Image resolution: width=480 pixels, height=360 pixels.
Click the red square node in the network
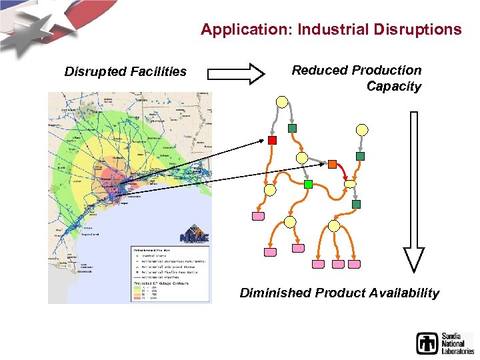(272, 140)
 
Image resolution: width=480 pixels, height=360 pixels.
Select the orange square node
(332, 164)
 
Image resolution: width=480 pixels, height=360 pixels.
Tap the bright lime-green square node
(308, 183)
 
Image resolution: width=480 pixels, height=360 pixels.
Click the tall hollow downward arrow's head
(414, 259)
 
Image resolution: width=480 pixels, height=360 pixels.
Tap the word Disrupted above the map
(94, 71)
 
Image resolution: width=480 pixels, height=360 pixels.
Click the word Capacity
(394, 86)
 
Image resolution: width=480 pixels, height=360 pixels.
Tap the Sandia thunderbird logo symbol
(427, 343)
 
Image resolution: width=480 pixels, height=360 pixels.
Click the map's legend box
(169, 271)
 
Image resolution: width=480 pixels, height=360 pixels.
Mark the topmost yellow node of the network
(282, 102)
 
